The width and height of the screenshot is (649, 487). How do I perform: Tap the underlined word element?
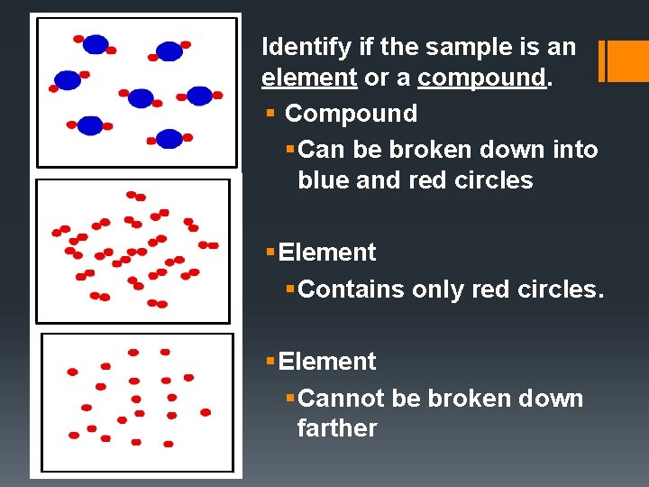pyautogui.click(x=309, y=78)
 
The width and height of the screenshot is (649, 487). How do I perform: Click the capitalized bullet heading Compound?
pyautogui.click(x=351, y=114)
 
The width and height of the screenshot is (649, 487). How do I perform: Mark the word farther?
pyautogui.click(x=337, y=428)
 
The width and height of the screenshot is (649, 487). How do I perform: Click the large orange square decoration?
pyautogui.click(x=629, y=60)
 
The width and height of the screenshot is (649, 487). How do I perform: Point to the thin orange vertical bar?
pyautogui.click(x=602, y=60)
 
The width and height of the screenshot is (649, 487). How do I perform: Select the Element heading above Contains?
pyautogui.click(x=327, y=253)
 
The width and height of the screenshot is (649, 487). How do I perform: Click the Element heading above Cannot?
pyautogui.click(x=327, y=362)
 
